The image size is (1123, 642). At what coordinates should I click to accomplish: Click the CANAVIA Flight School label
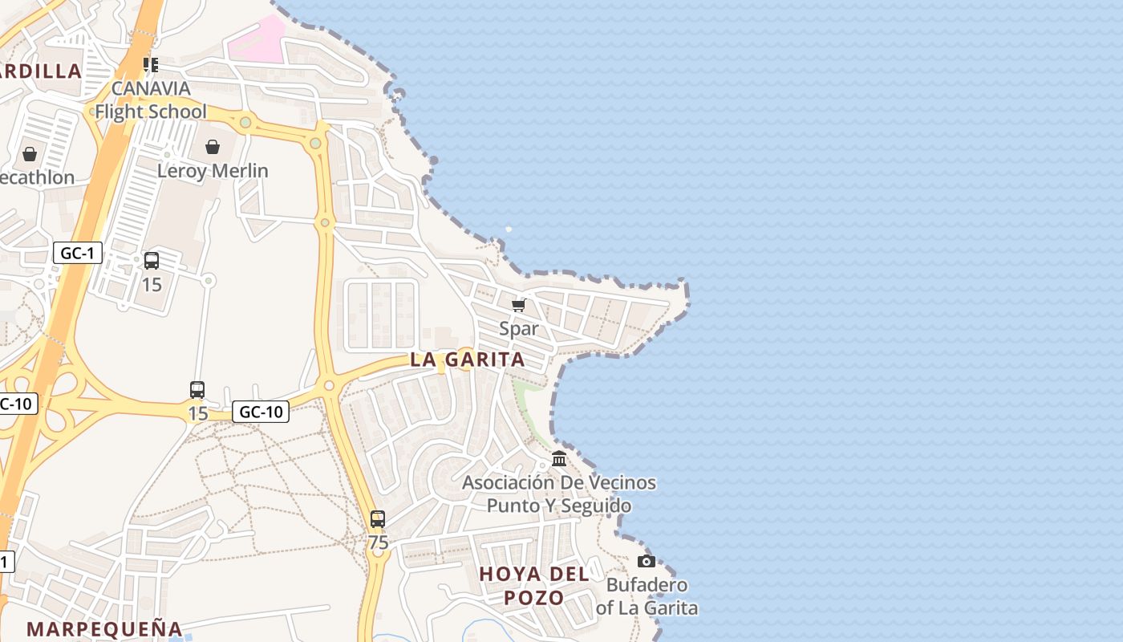(151, 100)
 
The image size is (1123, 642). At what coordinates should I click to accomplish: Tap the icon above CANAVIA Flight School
(151, 64)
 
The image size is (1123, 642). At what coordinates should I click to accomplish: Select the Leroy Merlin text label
(213, 170)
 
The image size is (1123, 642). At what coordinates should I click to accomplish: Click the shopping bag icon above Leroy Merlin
(213, 147)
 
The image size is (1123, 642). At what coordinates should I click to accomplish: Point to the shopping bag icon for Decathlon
(30, 153)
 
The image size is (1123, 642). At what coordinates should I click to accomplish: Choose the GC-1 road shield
(78, 254)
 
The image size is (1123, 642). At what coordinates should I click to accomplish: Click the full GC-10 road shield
(261, 412)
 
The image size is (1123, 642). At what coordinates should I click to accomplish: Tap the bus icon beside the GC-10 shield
(197, 390)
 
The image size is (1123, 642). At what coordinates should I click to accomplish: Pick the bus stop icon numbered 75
(378, 519)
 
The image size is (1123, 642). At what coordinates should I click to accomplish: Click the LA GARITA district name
(468, 360)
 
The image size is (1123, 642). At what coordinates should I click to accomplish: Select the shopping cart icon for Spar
(519, 305)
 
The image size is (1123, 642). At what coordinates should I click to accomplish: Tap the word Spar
(519, 328)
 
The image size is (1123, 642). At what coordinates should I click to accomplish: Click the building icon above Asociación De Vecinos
(559, 459)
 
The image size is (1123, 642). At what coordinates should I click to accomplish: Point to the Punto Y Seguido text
(559, 506)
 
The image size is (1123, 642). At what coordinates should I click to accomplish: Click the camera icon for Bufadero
(647, 561)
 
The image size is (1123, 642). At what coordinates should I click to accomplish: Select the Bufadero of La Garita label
(647, 596)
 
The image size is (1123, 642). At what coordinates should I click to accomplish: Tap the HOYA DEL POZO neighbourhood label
(534, 586)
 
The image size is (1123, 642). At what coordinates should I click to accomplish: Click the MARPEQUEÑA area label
(104, 628)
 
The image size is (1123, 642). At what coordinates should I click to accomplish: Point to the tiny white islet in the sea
(509, 230)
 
